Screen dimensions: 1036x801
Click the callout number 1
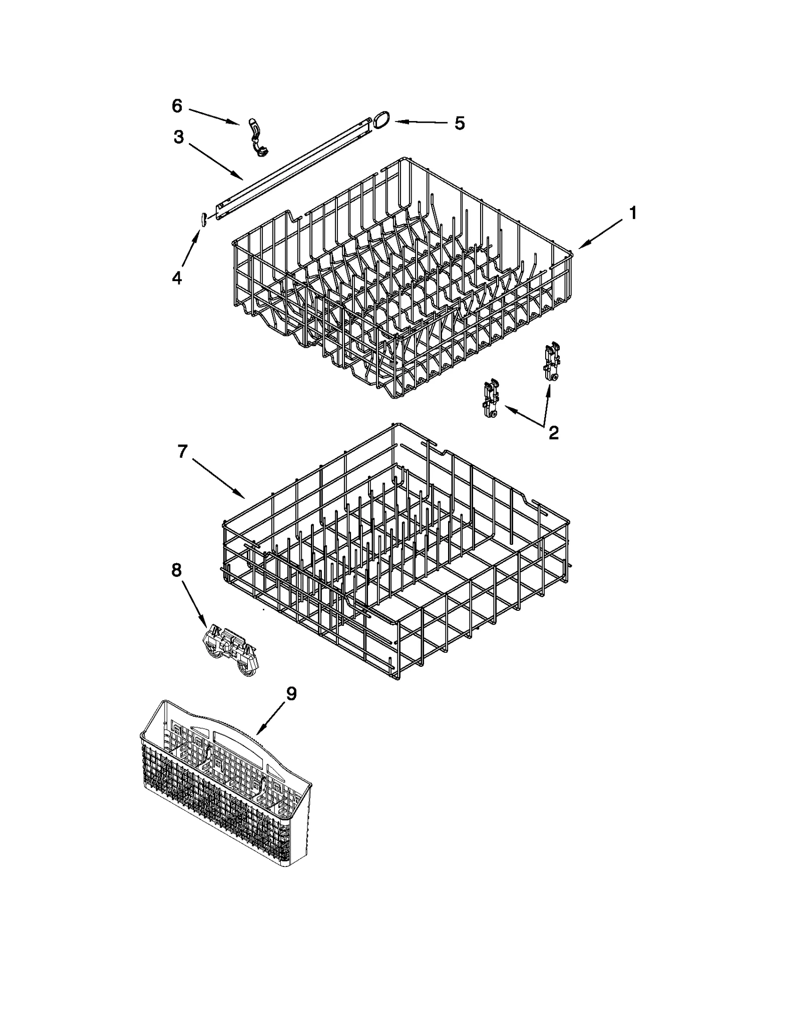click(x=633, y=214)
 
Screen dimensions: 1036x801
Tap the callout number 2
click(x=553, y=433)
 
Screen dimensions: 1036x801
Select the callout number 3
click(x=179, y=137)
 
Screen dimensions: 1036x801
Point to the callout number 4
click(x=177, y=278)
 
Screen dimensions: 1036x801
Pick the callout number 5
click(x=459, y=123)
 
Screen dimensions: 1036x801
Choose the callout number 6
click(x=177, y=106)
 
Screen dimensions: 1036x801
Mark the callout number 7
click(x=182, y=451)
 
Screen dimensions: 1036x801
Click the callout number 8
click(x=177, y=570)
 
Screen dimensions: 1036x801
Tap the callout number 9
click(x=291, y=694)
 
